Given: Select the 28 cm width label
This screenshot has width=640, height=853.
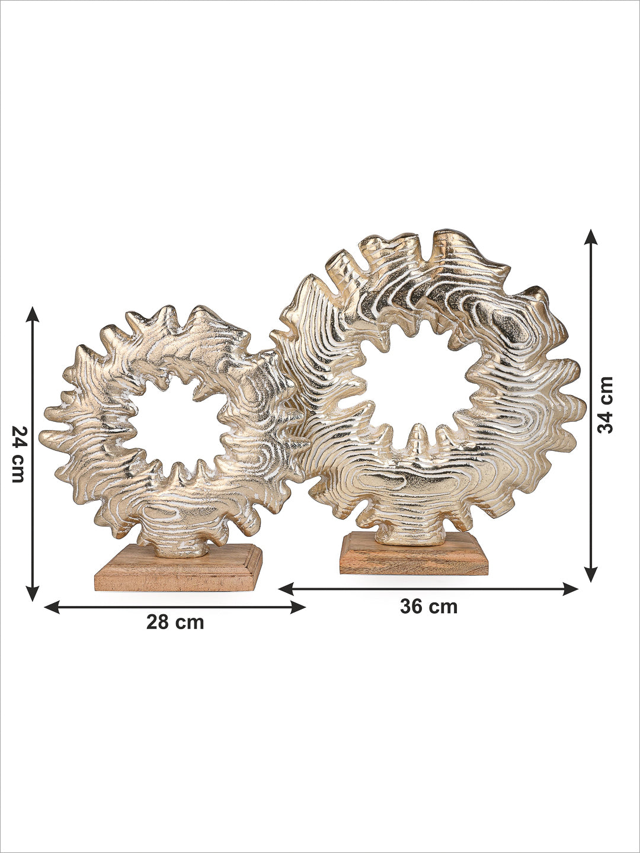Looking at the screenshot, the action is pos(175,633).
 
